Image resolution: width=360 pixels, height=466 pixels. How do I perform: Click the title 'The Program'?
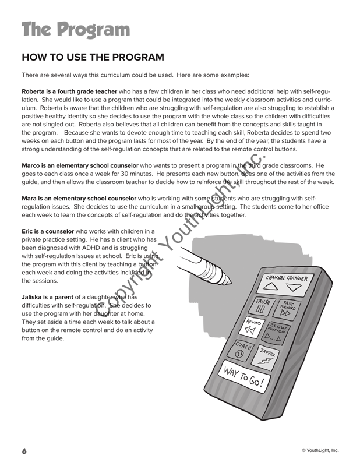click(76, 29)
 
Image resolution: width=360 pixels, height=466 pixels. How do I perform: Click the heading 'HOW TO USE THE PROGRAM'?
click(93, 58)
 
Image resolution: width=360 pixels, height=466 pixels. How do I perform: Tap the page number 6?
click(24, 451)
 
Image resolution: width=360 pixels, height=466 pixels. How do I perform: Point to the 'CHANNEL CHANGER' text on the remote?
click(286, 278)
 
